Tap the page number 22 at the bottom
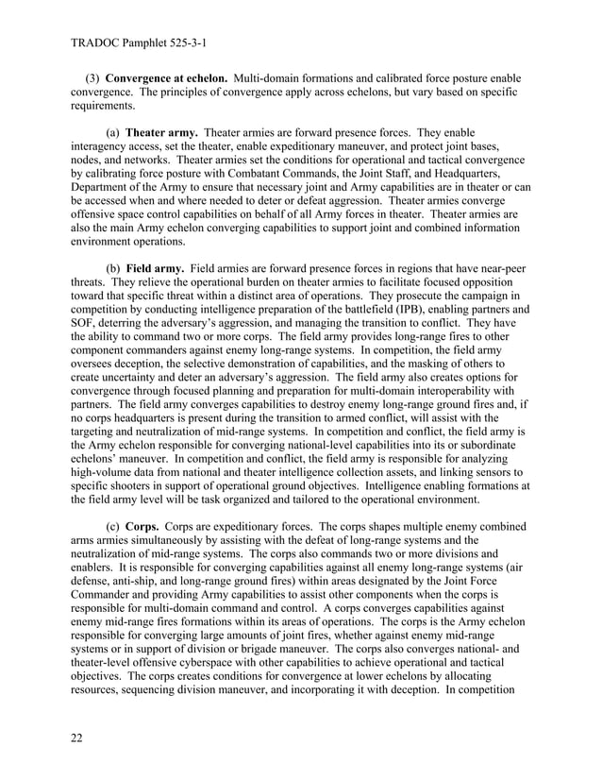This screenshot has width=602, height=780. pyautogui.click(x=77, y=738)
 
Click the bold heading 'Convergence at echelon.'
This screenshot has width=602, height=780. pyautogui.click(x=166, y=76)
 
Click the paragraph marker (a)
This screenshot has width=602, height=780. pyautogui.click(x=113, y=133)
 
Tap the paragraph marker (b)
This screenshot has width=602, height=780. pyautogui.click(x=113, y=269)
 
